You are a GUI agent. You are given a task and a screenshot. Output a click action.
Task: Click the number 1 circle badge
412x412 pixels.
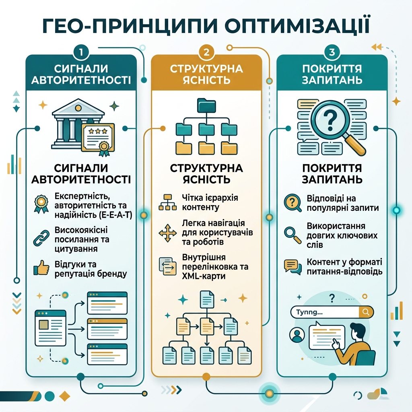coord(81,52)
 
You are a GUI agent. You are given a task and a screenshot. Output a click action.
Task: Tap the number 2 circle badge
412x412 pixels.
coord(206,52)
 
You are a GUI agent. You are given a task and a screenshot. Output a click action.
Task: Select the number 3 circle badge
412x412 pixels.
coord(332,52)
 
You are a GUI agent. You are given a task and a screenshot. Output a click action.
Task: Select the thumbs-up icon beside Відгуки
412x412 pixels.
coord(41,268)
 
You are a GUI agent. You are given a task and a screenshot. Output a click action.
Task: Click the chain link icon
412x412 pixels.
coord(41,238)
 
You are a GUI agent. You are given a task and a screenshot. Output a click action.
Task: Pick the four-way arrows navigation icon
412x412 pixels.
coord(167,233)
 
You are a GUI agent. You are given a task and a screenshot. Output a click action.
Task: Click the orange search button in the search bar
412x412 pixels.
coord(366,312)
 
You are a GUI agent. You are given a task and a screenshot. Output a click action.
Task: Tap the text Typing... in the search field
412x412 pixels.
coord(309,312)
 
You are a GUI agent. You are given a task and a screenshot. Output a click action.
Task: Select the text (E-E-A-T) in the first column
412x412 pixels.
coord(116,215)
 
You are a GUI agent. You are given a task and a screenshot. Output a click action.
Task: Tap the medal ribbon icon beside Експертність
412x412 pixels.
coord(41,204)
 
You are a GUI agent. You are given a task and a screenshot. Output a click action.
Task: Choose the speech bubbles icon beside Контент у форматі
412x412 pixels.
coord(293,267)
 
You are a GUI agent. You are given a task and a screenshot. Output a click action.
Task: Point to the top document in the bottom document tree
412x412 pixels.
coord(207,299)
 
